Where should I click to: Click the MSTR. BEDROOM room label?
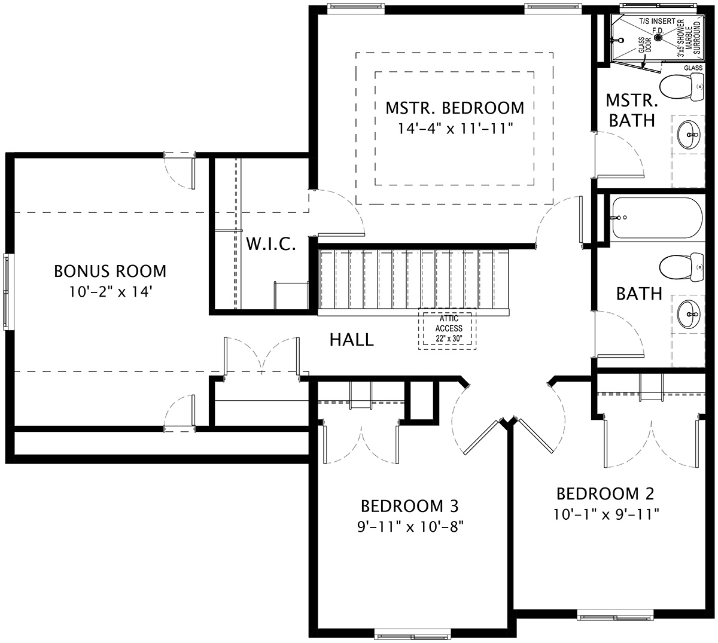454,108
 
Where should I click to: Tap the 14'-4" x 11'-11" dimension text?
454,128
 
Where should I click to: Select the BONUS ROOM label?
110,271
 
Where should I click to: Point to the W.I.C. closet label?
271,244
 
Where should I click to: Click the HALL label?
352,340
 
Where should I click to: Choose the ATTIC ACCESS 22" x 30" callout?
448,329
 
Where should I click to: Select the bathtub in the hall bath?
655,218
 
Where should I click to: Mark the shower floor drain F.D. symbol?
658,37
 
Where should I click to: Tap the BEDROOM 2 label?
605,493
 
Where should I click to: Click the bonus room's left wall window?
7,291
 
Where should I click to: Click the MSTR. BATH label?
631,110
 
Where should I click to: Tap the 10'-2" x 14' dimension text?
110,292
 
